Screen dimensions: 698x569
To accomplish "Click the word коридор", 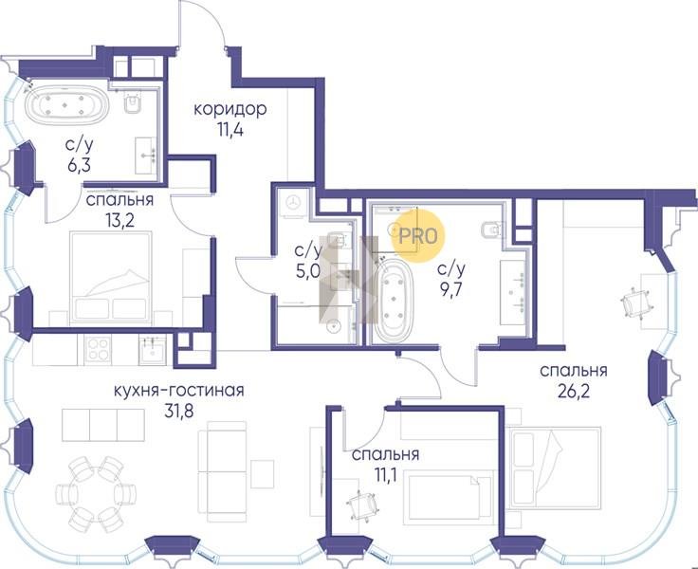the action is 230,109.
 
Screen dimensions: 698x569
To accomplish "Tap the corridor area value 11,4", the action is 230,130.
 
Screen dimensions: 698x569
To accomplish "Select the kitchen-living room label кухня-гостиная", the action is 179,391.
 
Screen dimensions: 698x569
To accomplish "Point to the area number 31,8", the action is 179,412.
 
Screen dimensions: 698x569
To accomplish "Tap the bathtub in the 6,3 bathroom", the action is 66,106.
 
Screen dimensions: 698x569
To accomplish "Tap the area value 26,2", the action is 574,391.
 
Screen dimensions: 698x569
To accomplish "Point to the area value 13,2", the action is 119,220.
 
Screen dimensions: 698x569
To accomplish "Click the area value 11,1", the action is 385,475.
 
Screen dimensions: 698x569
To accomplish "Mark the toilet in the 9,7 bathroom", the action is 492,229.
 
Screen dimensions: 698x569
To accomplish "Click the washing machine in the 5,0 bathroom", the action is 293,203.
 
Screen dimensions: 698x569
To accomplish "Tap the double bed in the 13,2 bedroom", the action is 111,278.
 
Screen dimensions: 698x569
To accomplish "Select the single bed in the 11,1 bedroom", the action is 449,497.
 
